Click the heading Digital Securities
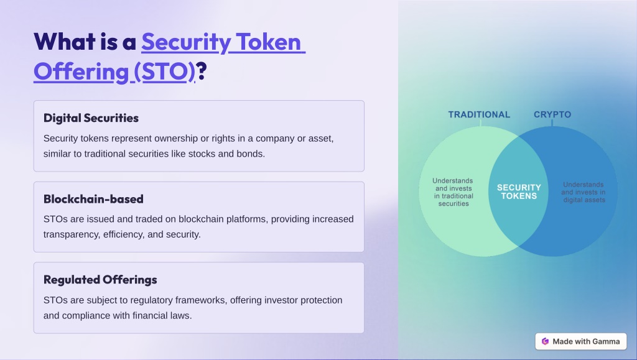click(91, 118)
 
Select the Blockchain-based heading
click(93, 199)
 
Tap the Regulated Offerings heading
click(100, 280)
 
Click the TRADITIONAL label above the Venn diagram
click(479, 115)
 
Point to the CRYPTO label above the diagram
click(552, 115)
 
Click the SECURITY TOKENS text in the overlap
click(519, 192)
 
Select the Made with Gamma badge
click(581, 341)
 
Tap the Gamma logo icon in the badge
click(545, 341)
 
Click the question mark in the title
click(201, 71)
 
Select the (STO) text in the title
click(164, 72)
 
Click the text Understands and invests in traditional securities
click(453, 192)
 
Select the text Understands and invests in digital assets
click(584, 192)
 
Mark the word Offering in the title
click(81, 72)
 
